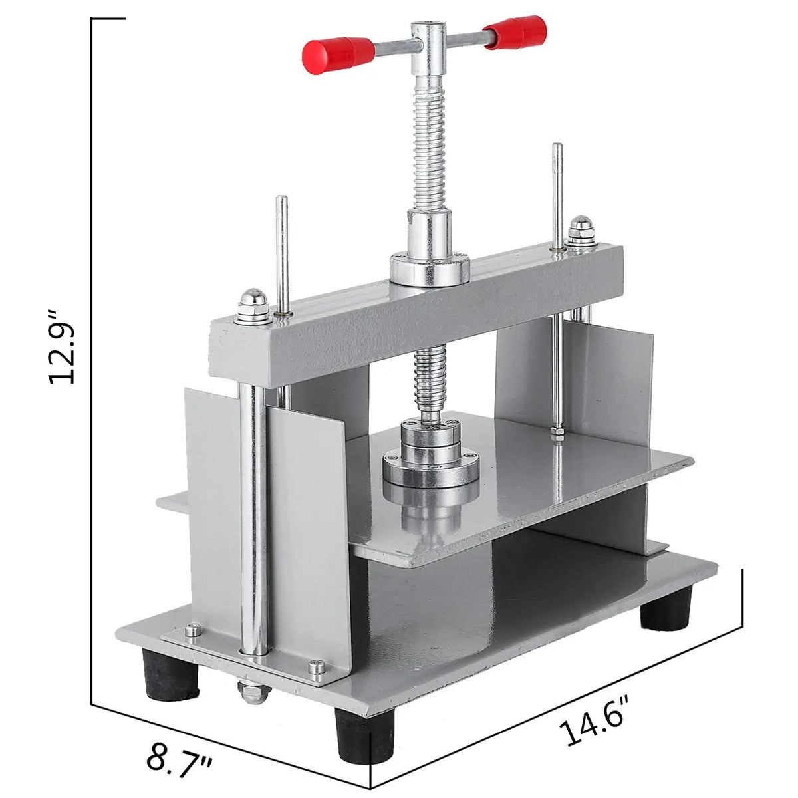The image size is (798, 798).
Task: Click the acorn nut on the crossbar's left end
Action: coord(254,307)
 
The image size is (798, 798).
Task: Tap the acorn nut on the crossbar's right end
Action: coord(581,231)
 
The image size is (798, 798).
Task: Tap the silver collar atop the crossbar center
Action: coord(430,266)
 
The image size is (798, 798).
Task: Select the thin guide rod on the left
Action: coord(283,253)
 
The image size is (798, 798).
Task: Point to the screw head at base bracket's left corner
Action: coord(192,629)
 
